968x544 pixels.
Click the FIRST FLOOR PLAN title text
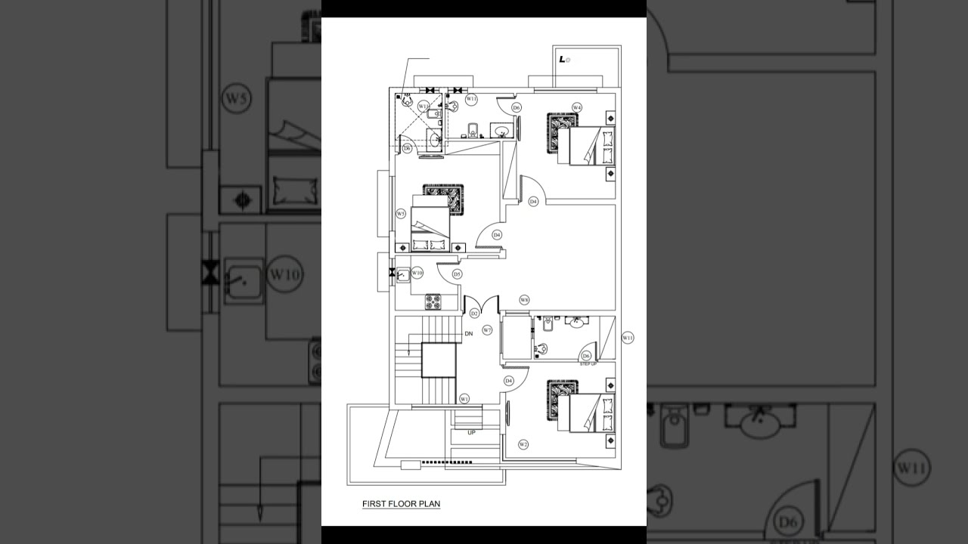click(401, 504)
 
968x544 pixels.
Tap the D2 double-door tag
click(474, 313)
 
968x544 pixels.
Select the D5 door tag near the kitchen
click(457, 274)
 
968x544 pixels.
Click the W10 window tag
click(417, 273)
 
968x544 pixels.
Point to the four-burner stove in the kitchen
click(433, 301)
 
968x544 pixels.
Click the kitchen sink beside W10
click(402, 274)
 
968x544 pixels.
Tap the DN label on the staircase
click(469, 333)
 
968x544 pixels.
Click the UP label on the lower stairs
click(471, 433)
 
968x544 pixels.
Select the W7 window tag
click(487, 330)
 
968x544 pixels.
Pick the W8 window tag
click(524, 300)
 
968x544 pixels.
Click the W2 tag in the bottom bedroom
click(523, 444)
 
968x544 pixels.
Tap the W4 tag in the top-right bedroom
click(577, 107)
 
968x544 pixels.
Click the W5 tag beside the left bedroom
click(401, 214)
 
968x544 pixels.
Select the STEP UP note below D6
click(588, 364)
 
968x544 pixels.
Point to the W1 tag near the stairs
click(464, 398)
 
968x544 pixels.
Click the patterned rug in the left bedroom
click(443, 199)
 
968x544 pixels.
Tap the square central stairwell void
click(439, 360)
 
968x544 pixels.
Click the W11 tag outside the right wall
click(628, 338)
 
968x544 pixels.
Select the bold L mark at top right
click(563, 59)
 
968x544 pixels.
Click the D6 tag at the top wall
click(517, 108)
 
